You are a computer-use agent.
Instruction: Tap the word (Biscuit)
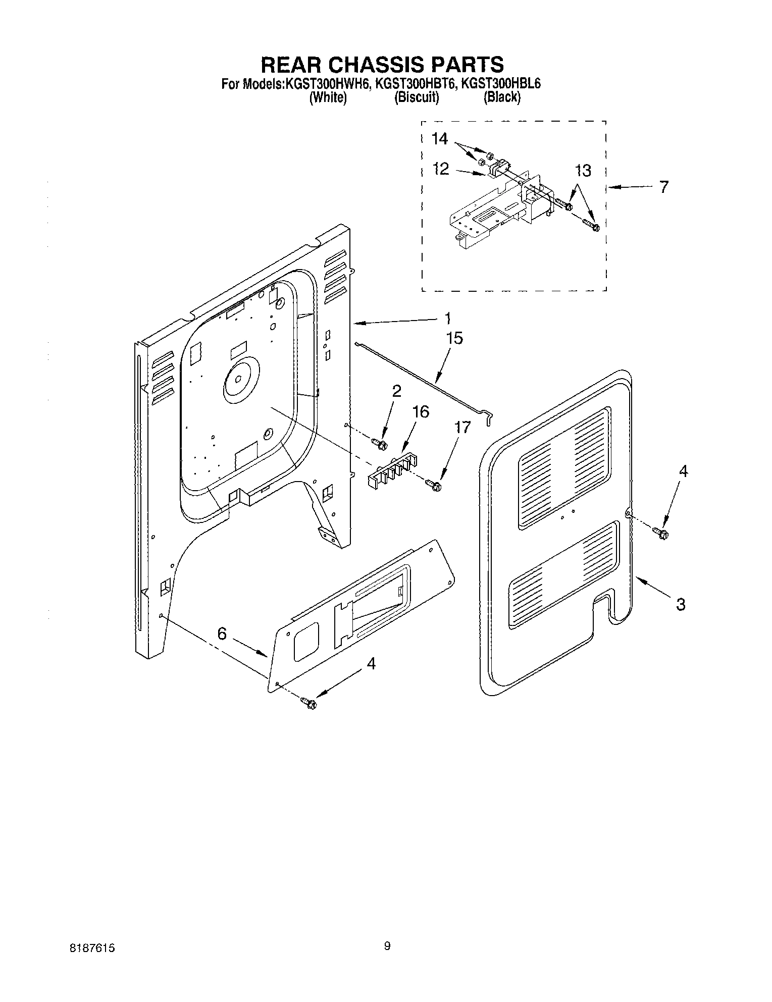[x=417, y=97]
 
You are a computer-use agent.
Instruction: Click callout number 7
[x=663, y=187]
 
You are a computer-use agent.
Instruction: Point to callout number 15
[x=454, y=338]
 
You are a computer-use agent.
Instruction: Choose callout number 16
[x=420, y=412]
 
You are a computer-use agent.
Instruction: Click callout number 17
[x=462, y=428]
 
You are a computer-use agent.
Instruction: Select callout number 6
[x=222, y=634]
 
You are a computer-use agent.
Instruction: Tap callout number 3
[x=681, y=604]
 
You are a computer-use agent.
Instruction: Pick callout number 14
[x=440, y=139]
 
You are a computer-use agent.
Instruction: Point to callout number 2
[x=397, y=391]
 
